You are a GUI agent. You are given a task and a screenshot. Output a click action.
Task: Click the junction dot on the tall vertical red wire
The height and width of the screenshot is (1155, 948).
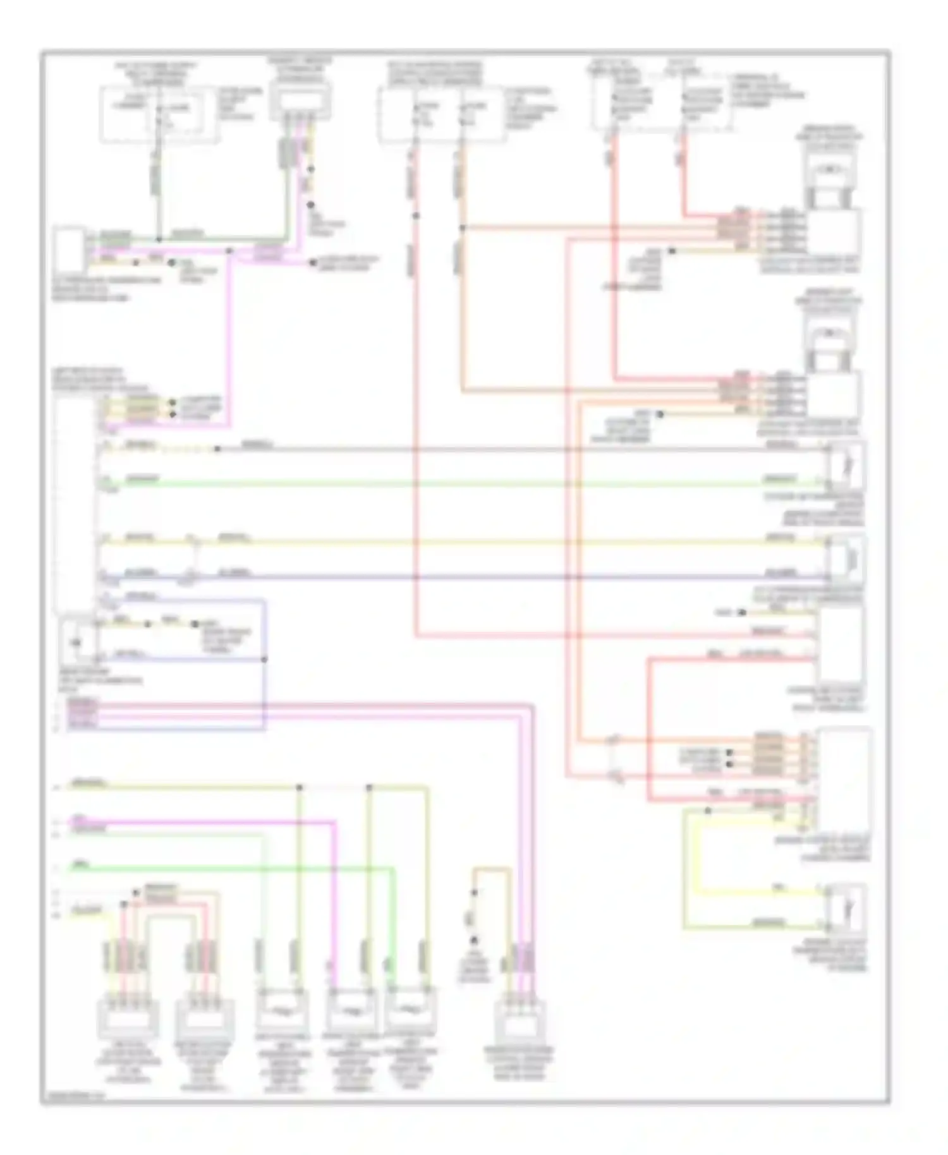coord(416,216)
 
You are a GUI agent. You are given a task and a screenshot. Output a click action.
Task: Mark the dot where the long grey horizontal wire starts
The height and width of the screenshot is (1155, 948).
coord(217,449)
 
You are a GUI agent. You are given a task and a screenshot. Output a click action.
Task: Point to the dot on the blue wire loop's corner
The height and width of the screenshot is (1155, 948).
coord(264,659)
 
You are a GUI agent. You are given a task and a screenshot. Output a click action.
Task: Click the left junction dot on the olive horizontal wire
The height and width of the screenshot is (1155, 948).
coord(300,788)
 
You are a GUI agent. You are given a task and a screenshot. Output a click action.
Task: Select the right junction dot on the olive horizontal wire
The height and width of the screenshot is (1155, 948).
coord(370,788)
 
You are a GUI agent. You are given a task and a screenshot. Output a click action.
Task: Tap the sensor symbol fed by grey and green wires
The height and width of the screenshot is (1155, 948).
coord(846,466)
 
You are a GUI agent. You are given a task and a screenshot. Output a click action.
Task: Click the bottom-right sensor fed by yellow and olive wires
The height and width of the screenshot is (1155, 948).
coord(846,909)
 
